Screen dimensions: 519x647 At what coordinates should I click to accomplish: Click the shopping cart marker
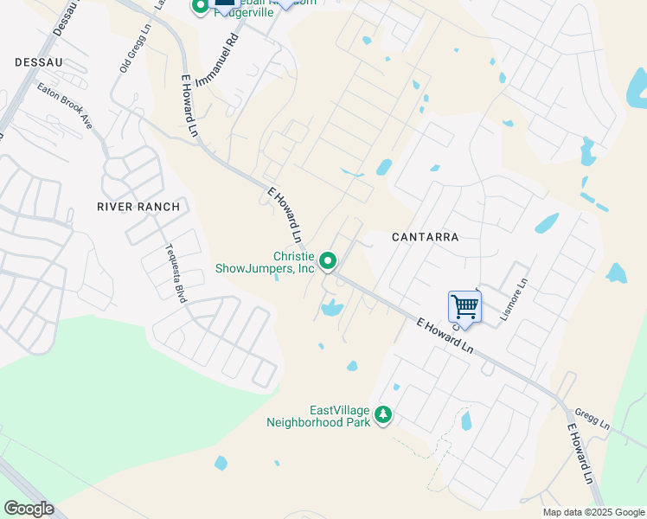click(464, 306)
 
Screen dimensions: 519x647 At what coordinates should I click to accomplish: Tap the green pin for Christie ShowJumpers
click(328, 259)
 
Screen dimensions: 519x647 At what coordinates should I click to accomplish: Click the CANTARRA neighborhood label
click(424, 236)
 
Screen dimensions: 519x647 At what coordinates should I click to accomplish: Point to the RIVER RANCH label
click(138, 207)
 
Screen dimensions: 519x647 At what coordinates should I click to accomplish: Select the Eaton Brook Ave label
click(65, 107)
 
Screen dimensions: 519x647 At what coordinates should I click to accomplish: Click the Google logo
click(29, 509)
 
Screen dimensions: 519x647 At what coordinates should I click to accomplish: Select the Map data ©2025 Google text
click(593, 512)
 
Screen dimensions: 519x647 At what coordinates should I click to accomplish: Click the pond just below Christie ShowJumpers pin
click(331, 307)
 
